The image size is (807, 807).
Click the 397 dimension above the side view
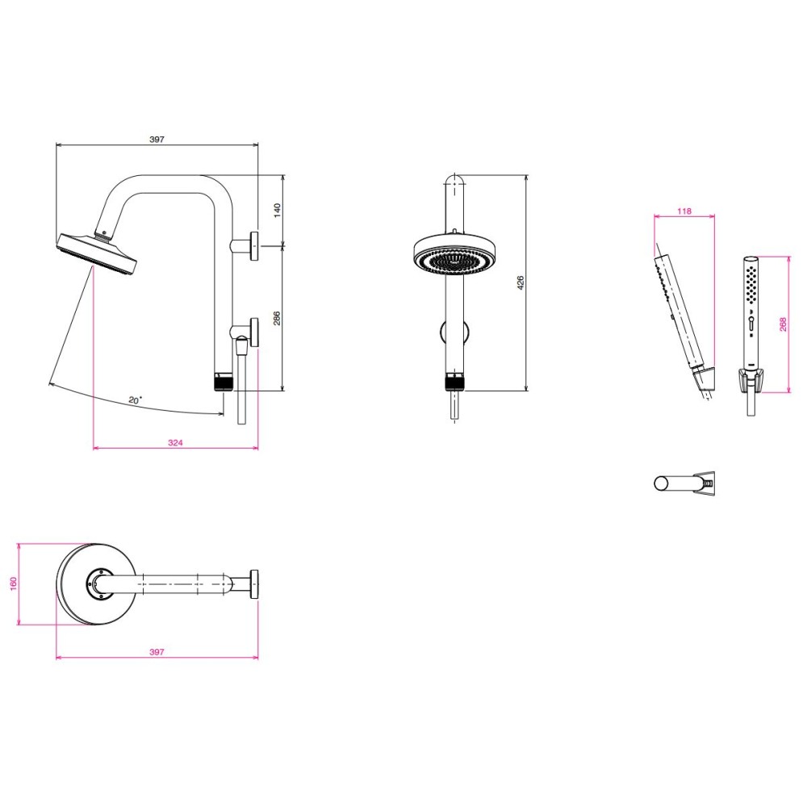pos(157,140)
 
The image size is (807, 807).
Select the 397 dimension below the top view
pos(157,651)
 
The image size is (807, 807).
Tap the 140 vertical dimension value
pos(278,211)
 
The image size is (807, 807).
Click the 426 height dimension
pos(521,282)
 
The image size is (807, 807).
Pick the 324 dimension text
pos(175,442)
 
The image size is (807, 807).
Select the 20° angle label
pos(136,399)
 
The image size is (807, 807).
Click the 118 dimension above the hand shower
pos(684,211)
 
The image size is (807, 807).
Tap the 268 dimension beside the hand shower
pos(783,324)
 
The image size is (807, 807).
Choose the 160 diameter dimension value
pos(14,583)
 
